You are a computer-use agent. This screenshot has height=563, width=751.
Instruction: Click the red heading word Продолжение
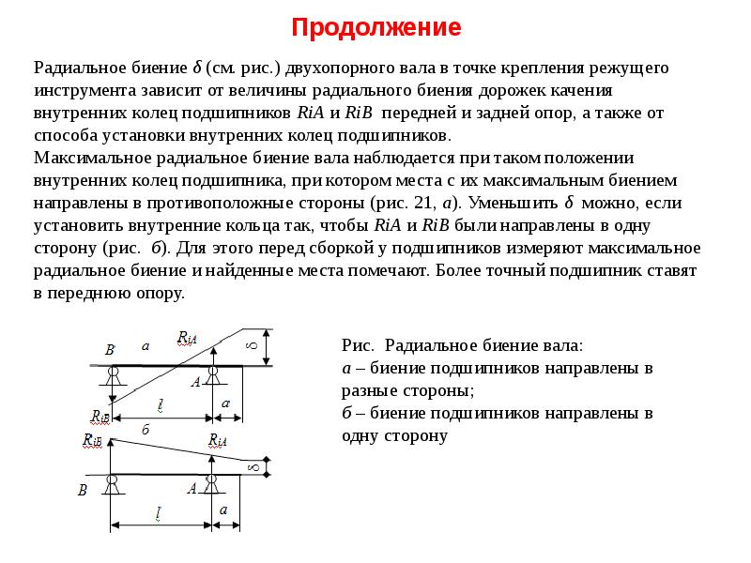(375, 27)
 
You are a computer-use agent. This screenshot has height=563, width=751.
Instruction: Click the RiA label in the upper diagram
(187, 339)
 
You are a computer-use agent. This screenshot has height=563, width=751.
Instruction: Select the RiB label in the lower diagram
(92, 439)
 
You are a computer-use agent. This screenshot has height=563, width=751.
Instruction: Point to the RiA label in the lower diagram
(218, 439)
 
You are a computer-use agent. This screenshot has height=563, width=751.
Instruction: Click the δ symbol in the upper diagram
(251, 346)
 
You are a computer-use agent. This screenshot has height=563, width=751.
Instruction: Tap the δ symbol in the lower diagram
(252, 466)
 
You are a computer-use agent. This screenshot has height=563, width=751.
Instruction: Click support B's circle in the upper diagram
(113, 373)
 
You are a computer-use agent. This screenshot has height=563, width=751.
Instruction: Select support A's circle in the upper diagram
(214, 373)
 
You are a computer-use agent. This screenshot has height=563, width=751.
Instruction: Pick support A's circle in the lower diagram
(214, 481)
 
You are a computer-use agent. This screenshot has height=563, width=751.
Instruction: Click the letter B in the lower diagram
(83, 490)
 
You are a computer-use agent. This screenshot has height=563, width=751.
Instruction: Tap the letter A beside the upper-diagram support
(195, 382)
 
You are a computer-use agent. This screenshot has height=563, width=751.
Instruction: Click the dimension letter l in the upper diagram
(161, 404)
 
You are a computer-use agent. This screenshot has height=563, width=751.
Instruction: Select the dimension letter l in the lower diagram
(159, 513)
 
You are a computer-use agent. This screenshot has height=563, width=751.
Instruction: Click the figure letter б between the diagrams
(146, 429)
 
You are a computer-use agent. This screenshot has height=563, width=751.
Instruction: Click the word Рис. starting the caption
(358, 345)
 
